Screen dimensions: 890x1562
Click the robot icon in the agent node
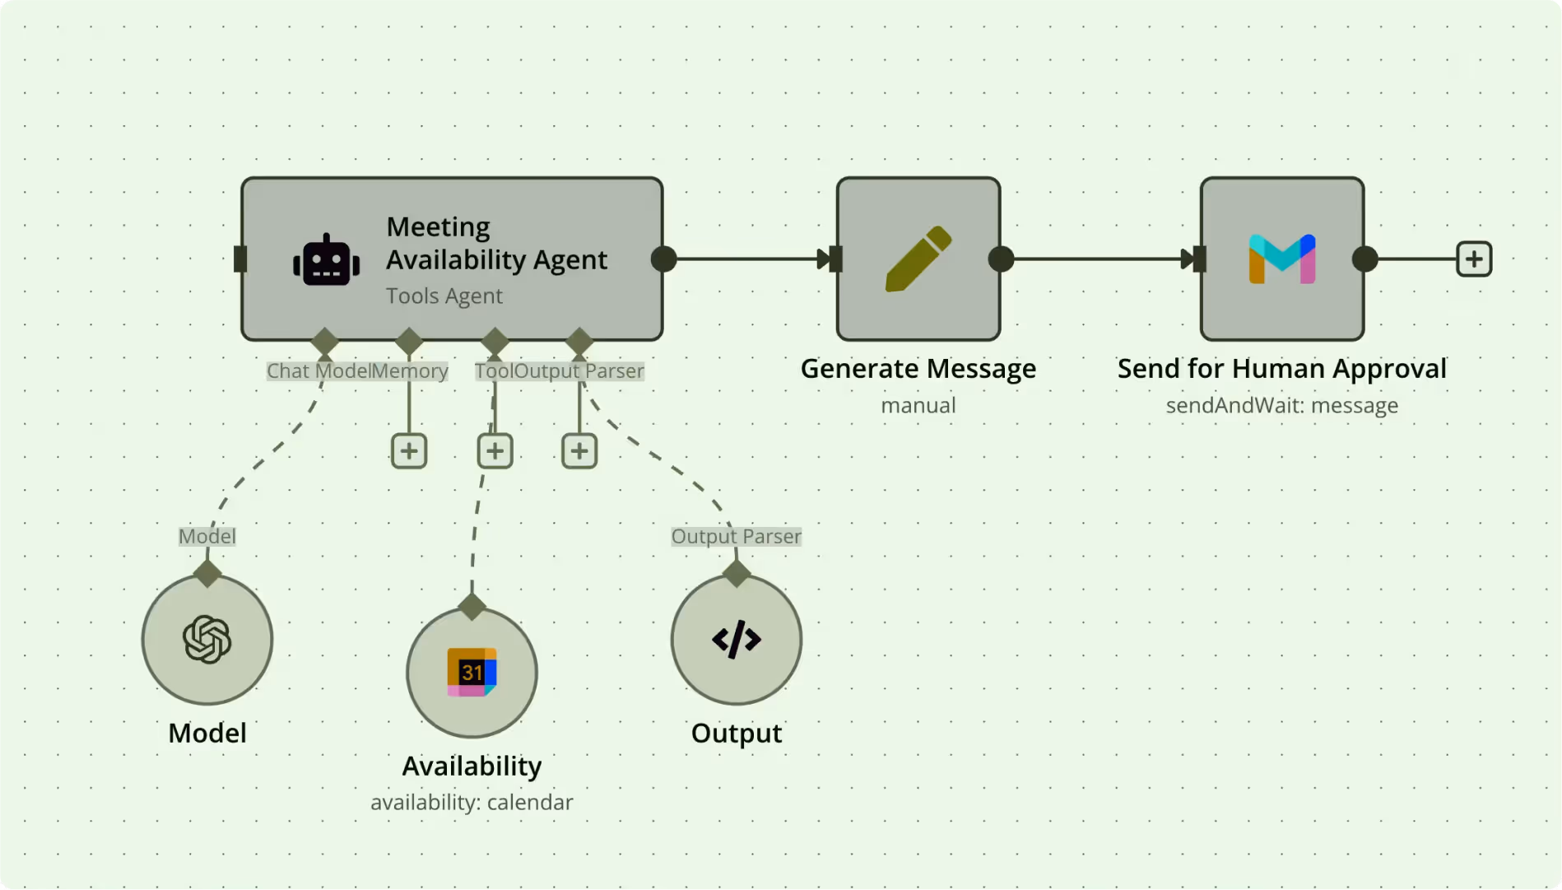click(326, 260)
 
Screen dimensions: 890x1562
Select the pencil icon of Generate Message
click(918, 259)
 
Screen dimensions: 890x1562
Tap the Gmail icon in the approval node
click(1281, 259)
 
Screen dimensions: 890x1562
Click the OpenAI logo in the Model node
click(207, 640)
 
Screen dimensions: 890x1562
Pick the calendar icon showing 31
click(472, 673)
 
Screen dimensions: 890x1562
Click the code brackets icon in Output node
click(736, 640)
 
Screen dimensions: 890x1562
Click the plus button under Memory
click(409, 451)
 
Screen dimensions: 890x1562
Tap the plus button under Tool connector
click(495, 451)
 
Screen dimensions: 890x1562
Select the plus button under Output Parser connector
click(579, 451)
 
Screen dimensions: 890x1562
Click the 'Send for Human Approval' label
click(1281, 369)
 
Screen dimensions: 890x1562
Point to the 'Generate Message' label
click(918, 369)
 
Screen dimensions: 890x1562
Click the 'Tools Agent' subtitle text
click(444, 296)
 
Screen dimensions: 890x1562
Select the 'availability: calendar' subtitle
click(472, 803)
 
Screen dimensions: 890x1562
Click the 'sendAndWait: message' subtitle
click(1281, 406)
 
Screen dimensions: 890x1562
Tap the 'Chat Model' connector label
click(318, 371)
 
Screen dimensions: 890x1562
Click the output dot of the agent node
click(663, 259)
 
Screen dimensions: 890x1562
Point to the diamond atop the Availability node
click(472, 607)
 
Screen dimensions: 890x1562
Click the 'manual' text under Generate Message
click(918, 406)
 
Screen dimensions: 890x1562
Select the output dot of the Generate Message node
click(1001, 259)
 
